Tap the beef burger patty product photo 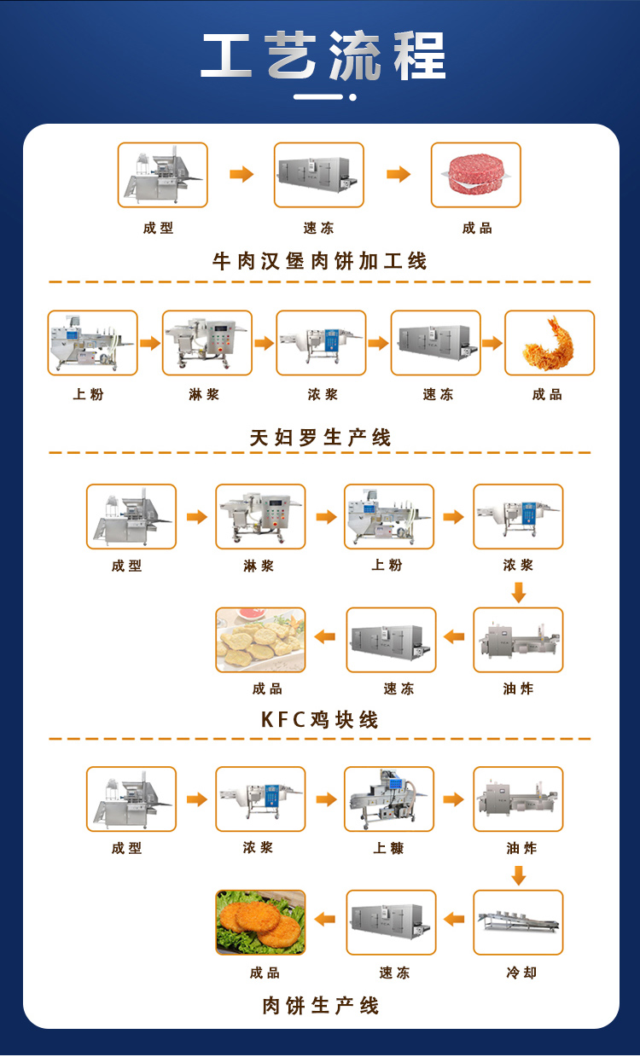pos(475,175)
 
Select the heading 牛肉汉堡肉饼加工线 pos(320,261)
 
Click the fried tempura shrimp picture pos(549,343)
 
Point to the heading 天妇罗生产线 pos(320,438)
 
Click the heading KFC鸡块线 pos(320,720)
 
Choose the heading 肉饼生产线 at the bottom pos(320,1006)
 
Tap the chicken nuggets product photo pos(260,640)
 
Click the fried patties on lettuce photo pos(260,922)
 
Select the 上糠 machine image pos(389,799)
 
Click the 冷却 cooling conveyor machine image pos(518,922)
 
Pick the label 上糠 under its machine pos(388,849)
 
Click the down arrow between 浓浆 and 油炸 pos(519,592)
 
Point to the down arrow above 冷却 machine pos(519,875)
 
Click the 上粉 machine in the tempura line pos(92,343)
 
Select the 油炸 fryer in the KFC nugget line pos(518,640)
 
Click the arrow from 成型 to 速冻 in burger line pos(241,175)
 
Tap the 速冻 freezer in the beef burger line pos(318,175)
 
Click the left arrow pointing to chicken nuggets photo pos(325,636)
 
